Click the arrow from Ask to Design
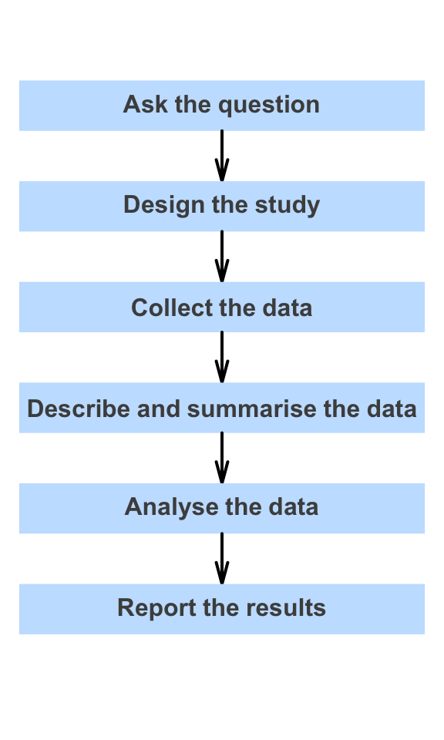222,156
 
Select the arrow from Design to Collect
222,257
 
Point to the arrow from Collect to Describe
222,357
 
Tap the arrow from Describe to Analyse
222,458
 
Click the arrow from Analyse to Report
222,558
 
